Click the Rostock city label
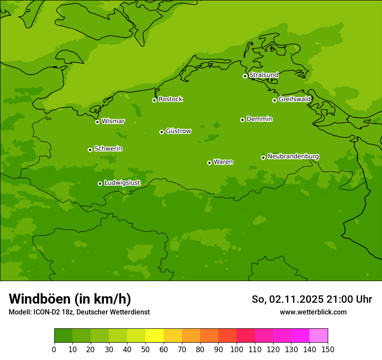[170, 99]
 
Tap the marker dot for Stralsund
[245, 76]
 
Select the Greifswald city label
[294, 99]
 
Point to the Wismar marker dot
[97, 122]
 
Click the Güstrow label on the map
[178, 131]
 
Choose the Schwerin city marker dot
[90, 150]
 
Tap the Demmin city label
[259, 119]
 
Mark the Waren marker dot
[209, 163]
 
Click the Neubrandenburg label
[293, 156]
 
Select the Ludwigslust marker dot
[100, 183]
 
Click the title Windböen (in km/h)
[70, 299]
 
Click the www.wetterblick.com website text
[313, 312]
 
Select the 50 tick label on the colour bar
[145, 349]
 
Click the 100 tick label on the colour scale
[237, 349]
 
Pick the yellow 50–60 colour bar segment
[155, 336]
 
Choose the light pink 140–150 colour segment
[319, 336]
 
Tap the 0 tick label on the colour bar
[54, 349]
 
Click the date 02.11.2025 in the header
[296, 299]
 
